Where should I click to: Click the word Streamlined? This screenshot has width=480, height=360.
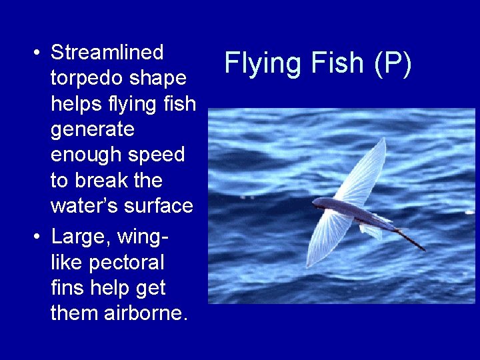tap(107, 52)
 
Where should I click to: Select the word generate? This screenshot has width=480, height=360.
tap(92, 129)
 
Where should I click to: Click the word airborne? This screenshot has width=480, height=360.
tap(146, 313)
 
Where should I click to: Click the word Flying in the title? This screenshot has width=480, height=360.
tap(263, 63)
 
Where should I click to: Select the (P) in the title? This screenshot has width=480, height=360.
tap(394, 63)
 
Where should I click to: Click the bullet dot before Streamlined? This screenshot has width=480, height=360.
tap(38, 53)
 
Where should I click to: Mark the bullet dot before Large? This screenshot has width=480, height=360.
tap(38, 237)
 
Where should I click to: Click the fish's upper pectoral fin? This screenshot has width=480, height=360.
tap(363, 169)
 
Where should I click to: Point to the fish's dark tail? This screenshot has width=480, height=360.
tap(409, 239)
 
